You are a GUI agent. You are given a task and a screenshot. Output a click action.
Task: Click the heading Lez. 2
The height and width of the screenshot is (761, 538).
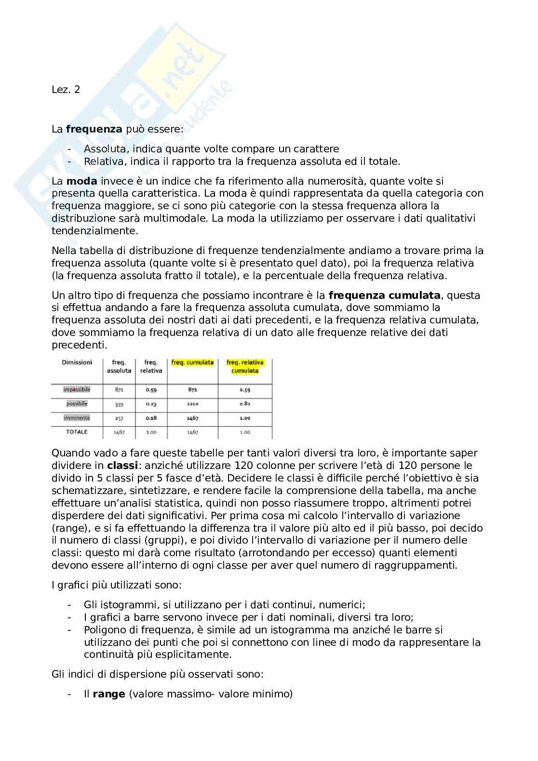[66, 90]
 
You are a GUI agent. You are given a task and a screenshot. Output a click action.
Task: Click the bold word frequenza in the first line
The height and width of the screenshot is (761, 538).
[94, 129]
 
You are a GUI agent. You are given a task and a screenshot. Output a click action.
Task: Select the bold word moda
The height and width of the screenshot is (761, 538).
[81, 181]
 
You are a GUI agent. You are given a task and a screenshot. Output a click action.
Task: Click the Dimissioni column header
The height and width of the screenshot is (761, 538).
[77, 362]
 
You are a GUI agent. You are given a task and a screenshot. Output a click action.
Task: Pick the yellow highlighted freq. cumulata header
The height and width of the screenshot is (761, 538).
[192, 362]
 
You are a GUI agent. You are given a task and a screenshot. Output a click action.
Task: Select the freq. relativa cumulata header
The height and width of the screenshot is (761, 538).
[245, 367]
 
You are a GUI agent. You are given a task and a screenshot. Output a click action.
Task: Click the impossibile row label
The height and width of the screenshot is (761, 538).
[77, 389]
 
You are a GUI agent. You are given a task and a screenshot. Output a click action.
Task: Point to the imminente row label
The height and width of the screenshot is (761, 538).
[77, 418]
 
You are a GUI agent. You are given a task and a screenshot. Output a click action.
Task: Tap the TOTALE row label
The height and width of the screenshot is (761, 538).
[77, 432]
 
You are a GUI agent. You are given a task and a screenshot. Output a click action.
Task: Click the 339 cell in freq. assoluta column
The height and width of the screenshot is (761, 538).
[119, 404]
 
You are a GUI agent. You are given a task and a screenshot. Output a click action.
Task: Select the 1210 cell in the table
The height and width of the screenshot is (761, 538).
[192, 404]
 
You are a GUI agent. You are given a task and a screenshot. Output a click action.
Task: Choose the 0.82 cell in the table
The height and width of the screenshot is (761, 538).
[245, 404]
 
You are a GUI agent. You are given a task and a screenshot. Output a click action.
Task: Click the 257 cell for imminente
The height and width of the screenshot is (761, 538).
[119, 418]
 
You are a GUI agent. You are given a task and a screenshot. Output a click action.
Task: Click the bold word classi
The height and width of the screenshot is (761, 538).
[122, 466]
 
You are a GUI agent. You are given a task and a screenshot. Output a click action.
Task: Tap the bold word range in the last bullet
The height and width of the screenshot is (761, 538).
[108, 694]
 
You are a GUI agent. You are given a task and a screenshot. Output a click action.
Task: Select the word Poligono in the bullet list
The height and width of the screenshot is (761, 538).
[103, 630]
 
